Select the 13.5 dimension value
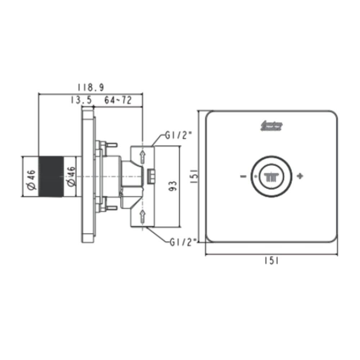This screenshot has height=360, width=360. point(81,100)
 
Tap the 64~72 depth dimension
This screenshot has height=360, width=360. point(118,100)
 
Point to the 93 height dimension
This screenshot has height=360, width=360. point(172,186)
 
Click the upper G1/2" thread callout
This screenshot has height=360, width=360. point(179,136)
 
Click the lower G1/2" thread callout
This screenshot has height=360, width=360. point(182,242)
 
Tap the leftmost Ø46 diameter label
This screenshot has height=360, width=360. point(31,177)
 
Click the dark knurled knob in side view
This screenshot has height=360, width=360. point(51,176)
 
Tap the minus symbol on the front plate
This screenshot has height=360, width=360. point(243,176)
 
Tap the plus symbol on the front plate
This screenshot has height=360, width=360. point(300,176)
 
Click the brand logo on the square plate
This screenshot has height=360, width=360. point(271,126)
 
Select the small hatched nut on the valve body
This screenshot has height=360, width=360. point(152,176)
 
